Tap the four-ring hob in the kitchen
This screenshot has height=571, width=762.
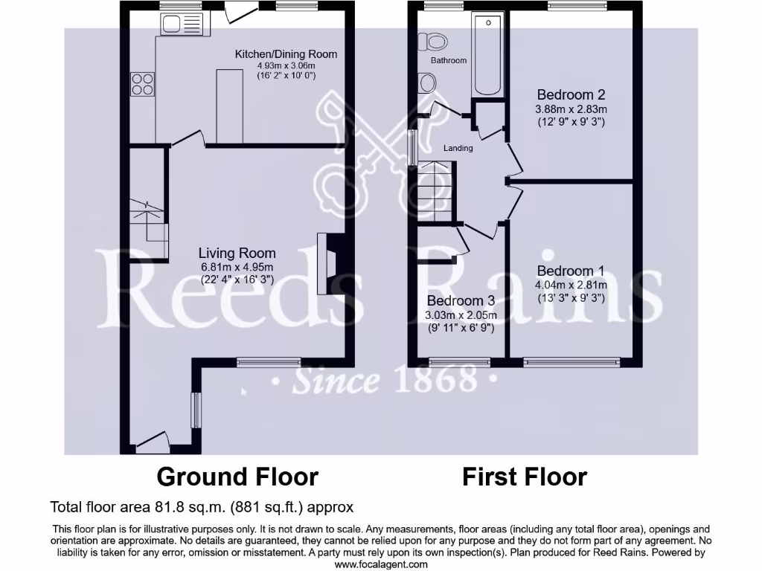(143, 84)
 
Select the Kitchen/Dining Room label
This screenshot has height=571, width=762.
(286, 54)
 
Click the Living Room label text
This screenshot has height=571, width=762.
(237, 254)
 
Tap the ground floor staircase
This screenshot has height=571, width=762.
(147, 220)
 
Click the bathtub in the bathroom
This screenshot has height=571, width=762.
(488, 57)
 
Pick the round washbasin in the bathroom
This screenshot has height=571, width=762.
(428, 83)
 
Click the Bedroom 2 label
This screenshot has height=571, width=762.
(571, 94)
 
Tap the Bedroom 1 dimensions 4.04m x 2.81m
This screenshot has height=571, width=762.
(571, 285)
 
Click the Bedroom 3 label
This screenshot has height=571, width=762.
(461, 301)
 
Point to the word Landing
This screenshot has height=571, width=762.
(458, 148)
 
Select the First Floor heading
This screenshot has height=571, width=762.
(525, 477)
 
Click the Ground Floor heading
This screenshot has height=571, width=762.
(237, 477)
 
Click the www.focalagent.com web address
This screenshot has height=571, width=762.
(380, 564)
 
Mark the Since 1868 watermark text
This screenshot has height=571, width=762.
(383, 381)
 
